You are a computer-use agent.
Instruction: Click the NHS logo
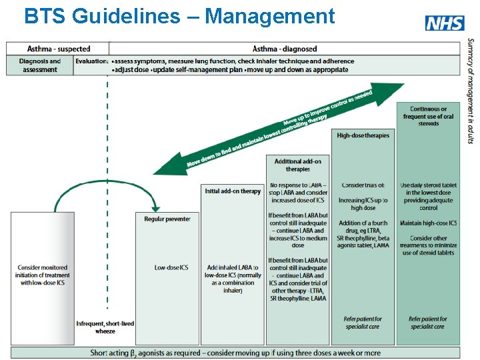(x=445, y=23)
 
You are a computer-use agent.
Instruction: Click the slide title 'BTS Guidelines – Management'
(x=179, y=16)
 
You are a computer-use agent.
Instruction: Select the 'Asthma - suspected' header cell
(x=58, y=49)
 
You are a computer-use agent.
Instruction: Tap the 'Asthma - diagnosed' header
(x=285, y=49)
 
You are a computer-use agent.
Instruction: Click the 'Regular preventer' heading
(x=167, y=219)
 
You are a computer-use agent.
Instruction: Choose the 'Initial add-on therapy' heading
(x=233, y=191)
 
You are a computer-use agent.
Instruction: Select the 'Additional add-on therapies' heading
(x=298, y=165)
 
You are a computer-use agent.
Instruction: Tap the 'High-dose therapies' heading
(x=363, y=135)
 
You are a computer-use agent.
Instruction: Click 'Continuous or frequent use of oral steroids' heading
(x=428, y=116)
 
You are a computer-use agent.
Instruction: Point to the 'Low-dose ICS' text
(x=171, y=268)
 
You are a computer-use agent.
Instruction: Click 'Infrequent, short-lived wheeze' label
(x=105, y=327)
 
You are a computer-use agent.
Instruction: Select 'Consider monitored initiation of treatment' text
(x=43, y=275)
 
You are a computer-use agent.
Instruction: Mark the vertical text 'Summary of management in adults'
(x=470, y=90)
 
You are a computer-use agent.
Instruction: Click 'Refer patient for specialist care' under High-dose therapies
(x=363, y=323)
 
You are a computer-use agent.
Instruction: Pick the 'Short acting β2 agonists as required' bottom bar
(x=235, y=353)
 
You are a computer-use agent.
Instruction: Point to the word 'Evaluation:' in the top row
(x=91, y=61)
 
